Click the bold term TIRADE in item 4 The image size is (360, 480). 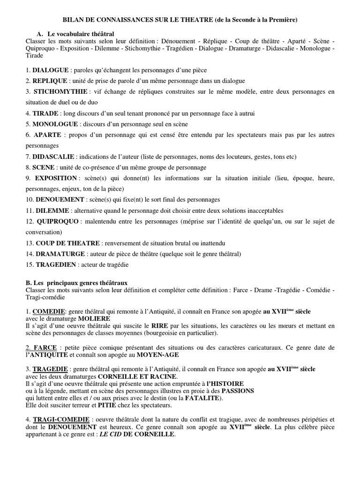tap(45, 113)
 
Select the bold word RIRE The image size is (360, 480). tap(157, 325)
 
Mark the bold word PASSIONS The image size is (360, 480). tap(238, 390)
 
